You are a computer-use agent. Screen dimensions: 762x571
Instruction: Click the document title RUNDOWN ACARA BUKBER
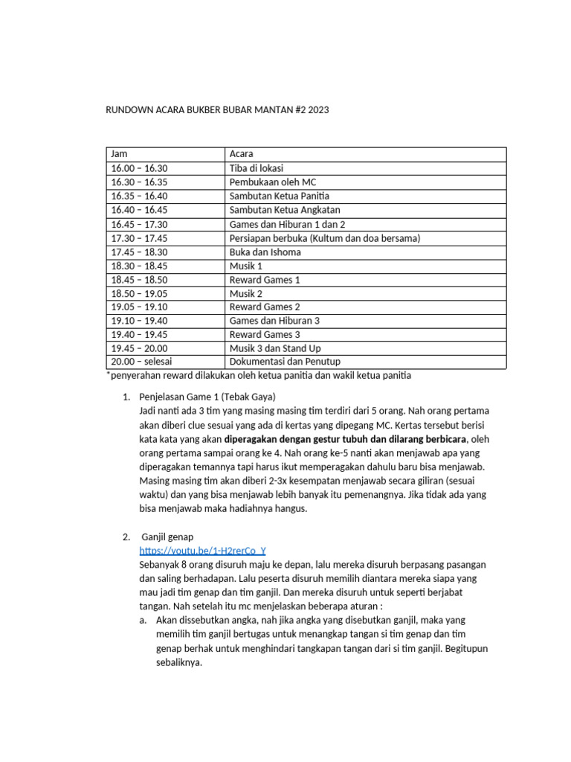tap(219, 110)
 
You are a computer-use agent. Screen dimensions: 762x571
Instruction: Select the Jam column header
tap(119, 154)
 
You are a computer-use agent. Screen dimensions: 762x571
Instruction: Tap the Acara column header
tap(242, 154)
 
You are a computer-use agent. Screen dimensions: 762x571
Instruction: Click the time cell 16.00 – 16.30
tap(139, 168)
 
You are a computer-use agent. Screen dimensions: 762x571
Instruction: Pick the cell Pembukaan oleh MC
tap(273, 182)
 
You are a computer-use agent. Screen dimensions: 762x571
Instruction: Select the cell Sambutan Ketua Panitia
tap(280, 196)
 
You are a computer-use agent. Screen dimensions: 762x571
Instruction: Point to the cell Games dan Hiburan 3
tap(274, 321)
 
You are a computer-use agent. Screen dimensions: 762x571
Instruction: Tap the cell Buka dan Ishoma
tap(265, 252)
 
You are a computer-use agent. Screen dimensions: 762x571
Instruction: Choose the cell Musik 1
tap(246, 266)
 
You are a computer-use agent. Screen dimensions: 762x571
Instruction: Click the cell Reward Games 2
tap(265, 307)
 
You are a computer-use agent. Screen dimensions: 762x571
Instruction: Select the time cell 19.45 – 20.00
tap(139, 348)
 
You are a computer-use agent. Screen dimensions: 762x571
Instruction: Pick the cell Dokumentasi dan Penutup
tap(285, 362)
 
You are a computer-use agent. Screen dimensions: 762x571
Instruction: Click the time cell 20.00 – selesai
tap(141, 362)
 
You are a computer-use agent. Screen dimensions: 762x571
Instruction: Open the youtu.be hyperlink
tap(202, 551)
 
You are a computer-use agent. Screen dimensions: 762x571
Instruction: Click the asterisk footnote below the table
tap(259, 376)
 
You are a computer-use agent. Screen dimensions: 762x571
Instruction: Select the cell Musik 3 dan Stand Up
tap(275, 348)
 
